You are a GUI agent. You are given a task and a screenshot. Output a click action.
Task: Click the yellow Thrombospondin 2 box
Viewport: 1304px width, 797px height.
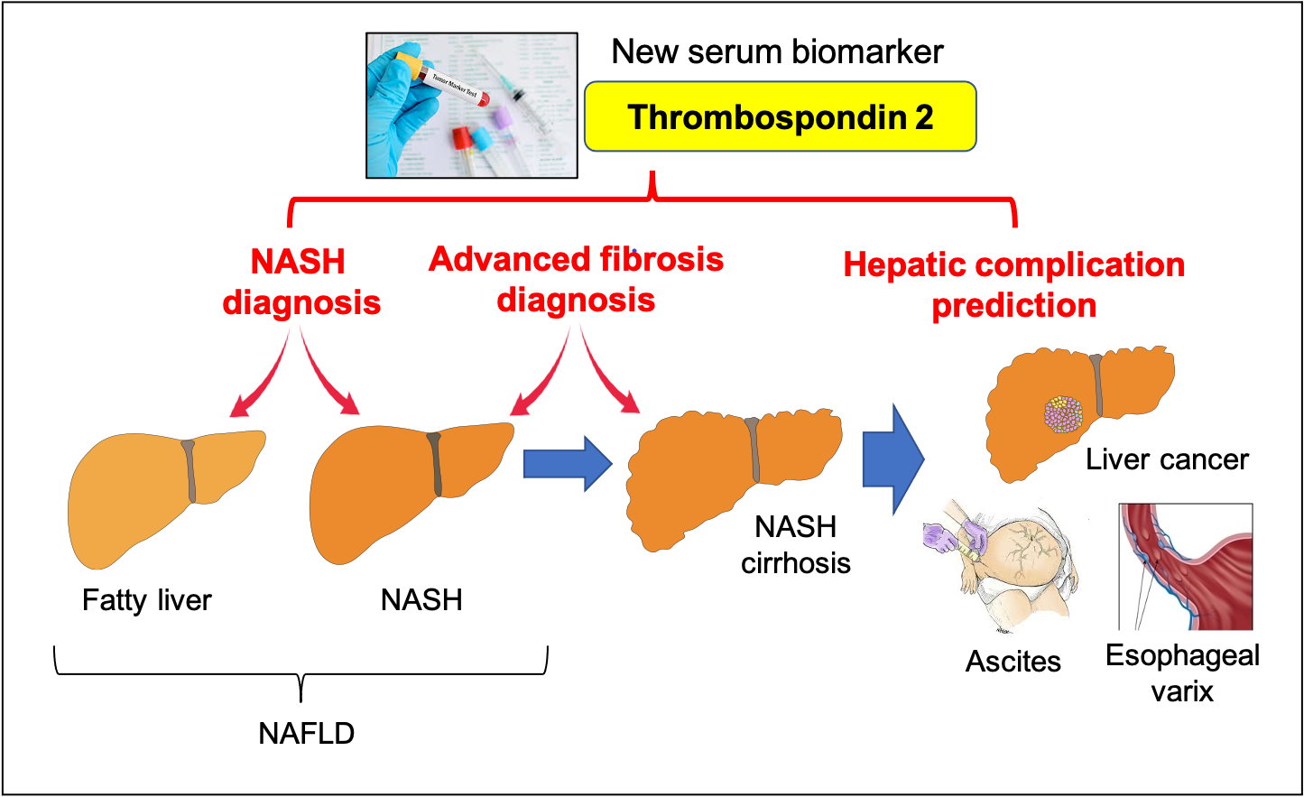point(780,117)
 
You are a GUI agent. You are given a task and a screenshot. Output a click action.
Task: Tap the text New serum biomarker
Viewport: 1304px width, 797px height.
point(777,52)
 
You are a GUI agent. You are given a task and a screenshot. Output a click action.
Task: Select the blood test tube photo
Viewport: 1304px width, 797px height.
point(471,106)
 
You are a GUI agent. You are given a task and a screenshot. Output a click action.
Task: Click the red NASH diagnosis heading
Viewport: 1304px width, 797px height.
point(301,282)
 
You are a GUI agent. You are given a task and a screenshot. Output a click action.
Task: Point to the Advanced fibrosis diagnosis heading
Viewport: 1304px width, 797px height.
point(576,279)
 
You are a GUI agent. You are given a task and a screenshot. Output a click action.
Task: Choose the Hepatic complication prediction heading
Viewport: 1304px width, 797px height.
point(1013,285)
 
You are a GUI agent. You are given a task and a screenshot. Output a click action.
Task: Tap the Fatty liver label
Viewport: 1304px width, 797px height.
point(146,600)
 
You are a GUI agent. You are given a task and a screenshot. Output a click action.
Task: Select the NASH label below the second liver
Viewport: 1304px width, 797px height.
point(421,600)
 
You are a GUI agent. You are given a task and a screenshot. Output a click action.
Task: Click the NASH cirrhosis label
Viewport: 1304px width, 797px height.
point(796,545)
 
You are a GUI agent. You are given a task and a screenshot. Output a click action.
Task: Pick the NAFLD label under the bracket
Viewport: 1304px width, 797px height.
point(306,734)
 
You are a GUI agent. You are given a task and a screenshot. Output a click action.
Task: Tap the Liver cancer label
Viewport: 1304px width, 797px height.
point(1166,460)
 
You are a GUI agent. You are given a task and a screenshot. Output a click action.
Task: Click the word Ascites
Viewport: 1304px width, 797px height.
point(1013,662)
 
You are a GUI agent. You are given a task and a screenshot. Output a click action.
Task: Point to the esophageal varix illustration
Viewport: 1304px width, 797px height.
point(1186,567)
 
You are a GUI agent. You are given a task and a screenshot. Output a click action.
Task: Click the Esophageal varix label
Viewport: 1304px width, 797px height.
point(1182,673)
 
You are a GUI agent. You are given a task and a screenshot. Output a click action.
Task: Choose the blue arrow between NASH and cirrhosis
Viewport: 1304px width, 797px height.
point(567,464)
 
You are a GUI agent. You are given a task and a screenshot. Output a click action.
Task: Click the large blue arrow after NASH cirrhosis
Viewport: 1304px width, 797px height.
point(892,459)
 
